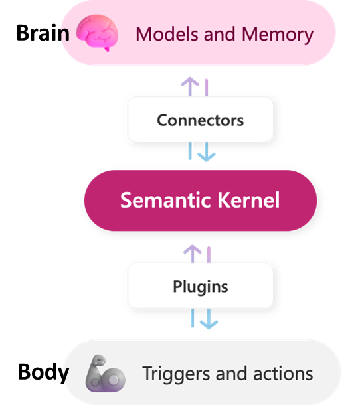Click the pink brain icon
(x=97, y=33)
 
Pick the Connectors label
(x=200, y=120)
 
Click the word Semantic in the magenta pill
(x=159, y=200)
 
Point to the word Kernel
(x=246, y=200)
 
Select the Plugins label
(x=200, y=286)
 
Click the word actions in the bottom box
(x=282, y=373)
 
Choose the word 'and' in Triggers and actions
(x=232, y=373)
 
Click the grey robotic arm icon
(x=105, y=374)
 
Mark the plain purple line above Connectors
(x=207, y=87)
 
